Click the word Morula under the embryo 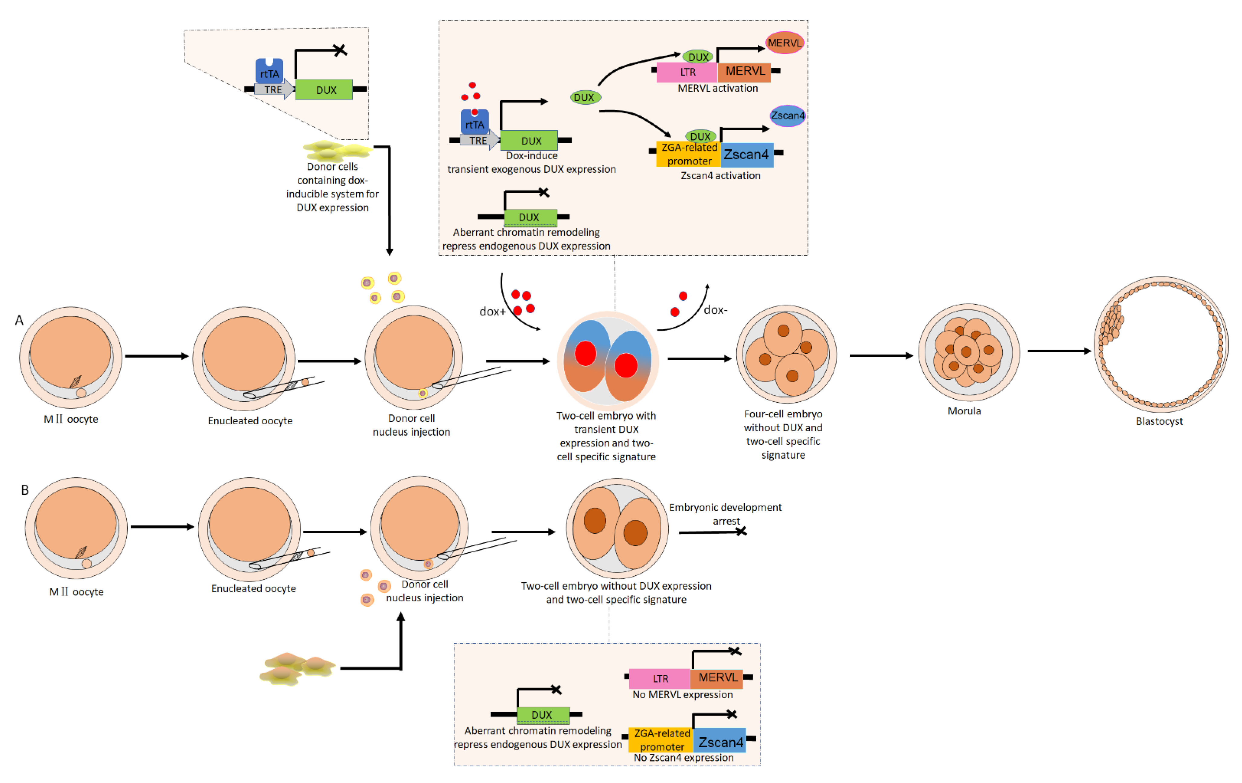click(x=964, y=411)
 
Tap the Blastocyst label click(x=1159, y=421)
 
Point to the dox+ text click(x=492, y=311)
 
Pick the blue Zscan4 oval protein click(x=787, y=116)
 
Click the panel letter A click(x=19, y=321)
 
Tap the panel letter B click(x=24, y=490)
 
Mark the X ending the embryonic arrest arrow click(x=741, y=531)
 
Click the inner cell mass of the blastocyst click(x=1111, y=323)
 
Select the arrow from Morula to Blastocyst click(x=1059, y=351)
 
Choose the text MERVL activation click(x=718, y=88)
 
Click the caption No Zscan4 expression click(x=683, y=758)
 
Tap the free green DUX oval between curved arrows click(x=585, y=97)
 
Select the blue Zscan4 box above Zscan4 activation click(x=746, y=155)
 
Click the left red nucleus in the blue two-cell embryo click(x=585, y=354)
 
